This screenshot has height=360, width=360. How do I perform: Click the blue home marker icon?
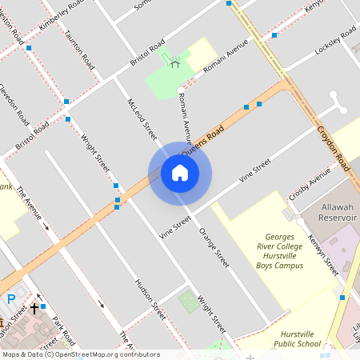pos(180,173)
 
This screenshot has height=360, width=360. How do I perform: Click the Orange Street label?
pos(214,247)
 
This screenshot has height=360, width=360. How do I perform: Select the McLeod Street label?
pos(141,113)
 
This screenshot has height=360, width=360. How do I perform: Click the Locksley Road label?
pos(334,39)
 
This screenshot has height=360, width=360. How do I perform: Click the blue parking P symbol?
pos(11,299)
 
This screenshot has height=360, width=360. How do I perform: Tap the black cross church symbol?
pos(34,307)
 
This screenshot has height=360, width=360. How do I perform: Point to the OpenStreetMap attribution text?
pos(80,354)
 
